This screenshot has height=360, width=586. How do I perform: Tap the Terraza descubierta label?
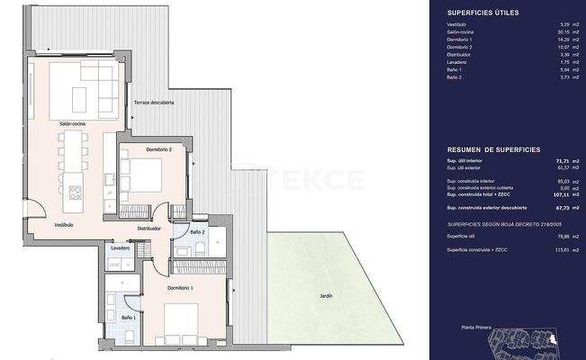[154, 103]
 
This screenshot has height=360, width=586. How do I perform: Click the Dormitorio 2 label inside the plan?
[140, 148]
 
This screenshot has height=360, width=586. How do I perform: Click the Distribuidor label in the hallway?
[149, 229]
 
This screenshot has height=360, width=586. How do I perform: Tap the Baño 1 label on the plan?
[129, 318]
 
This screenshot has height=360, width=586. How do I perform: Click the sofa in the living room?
[82, 84]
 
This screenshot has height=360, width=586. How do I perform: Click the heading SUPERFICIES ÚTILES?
[482, 12]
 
